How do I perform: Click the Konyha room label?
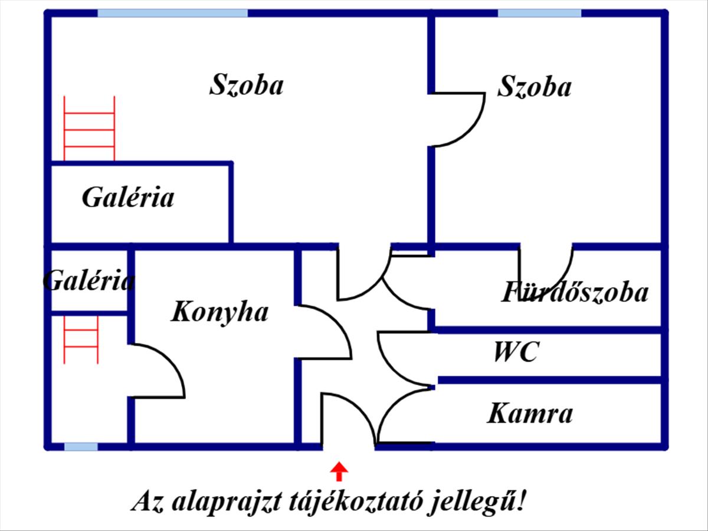[219, 312]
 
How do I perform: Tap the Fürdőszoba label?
[575, 293]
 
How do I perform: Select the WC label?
[516, 353]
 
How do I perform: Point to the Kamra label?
[529, 414]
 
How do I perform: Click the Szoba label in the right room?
[534, 87]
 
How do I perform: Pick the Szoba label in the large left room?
[246, 84]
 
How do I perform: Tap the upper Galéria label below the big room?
[128, 197]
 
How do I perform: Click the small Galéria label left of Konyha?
[88, 280]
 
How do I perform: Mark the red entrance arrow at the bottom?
[339, 471]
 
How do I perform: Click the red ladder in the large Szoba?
[89, 128]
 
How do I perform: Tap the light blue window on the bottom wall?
[81, 447]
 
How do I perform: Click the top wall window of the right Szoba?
[539, 13]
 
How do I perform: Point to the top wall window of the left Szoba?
[172, 13]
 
